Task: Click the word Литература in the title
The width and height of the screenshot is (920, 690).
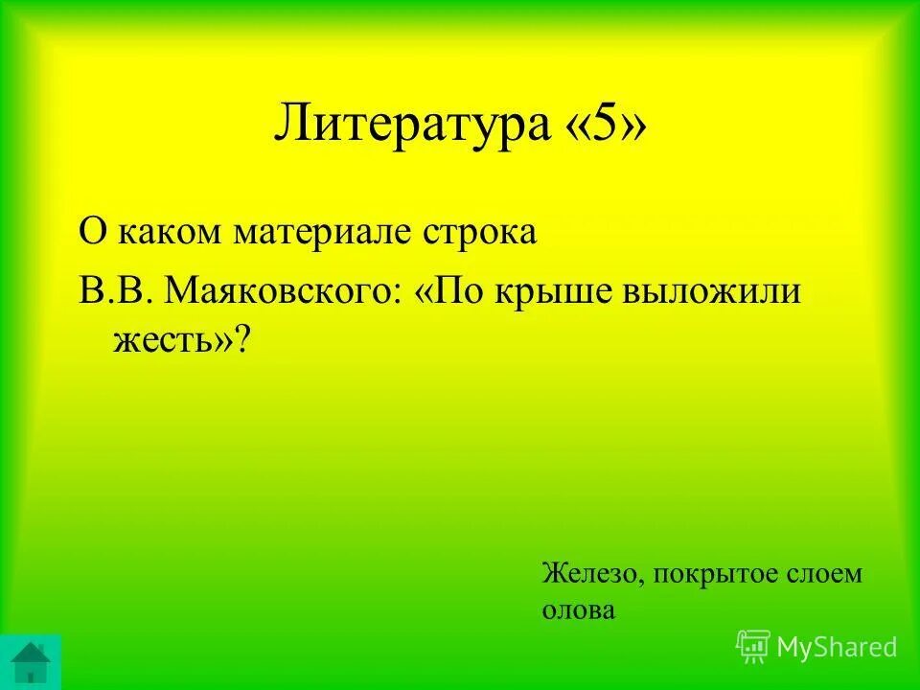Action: coord(410,126)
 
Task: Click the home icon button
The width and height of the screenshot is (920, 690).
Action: coord(31,661)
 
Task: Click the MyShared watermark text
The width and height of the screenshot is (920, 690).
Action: coord(838,647)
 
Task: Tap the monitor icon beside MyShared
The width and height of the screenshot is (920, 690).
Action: coord(753,647)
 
